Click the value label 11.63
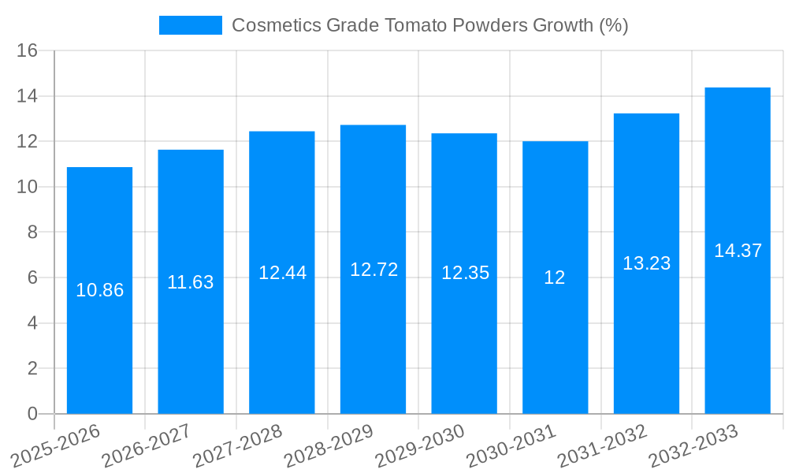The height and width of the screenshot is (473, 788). pos(191,282)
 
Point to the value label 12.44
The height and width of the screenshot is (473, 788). pos(282,273)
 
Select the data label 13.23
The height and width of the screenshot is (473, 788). pos(646,263)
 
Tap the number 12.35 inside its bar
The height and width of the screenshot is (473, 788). pos(465,273)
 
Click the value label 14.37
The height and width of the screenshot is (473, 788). pos(738,251)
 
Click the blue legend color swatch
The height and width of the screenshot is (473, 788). pos(191,25)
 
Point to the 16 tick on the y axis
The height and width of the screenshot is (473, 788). pos(27,50)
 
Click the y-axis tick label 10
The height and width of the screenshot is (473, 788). pos(27,187)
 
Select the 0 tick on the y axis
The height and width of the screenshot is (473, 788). pos(32,414)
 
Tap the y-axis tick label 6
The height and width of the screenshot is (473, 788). pos(32,277)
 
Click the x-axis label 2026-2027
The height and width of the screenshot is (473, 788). pos(146,445)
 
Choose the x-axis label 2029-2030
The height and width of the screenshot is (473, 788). pos(419,445)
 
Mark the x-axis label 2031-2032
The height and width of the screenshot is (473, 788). pos(602,445)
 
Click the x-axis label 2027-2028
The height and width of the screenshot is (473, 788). pos(237,445)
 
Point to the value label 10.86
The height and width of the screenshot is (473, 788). pos(99,290)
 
